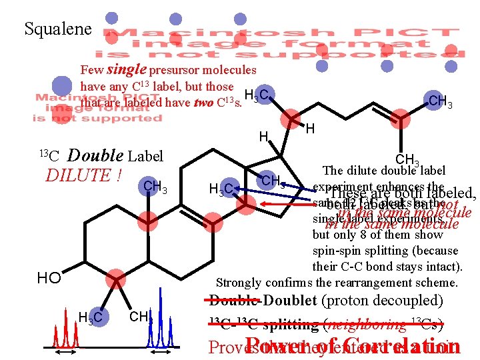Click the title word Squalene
click(x=57, y=29)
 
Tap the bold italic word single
click(x=127, y=69)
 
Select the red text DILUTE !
click(x=83, y=176)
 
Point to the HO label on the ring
click(x=49, y=277)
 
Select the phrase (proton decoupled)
click(x=382, y=301)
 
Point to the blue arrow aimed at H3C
click(x=267, y=191)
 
